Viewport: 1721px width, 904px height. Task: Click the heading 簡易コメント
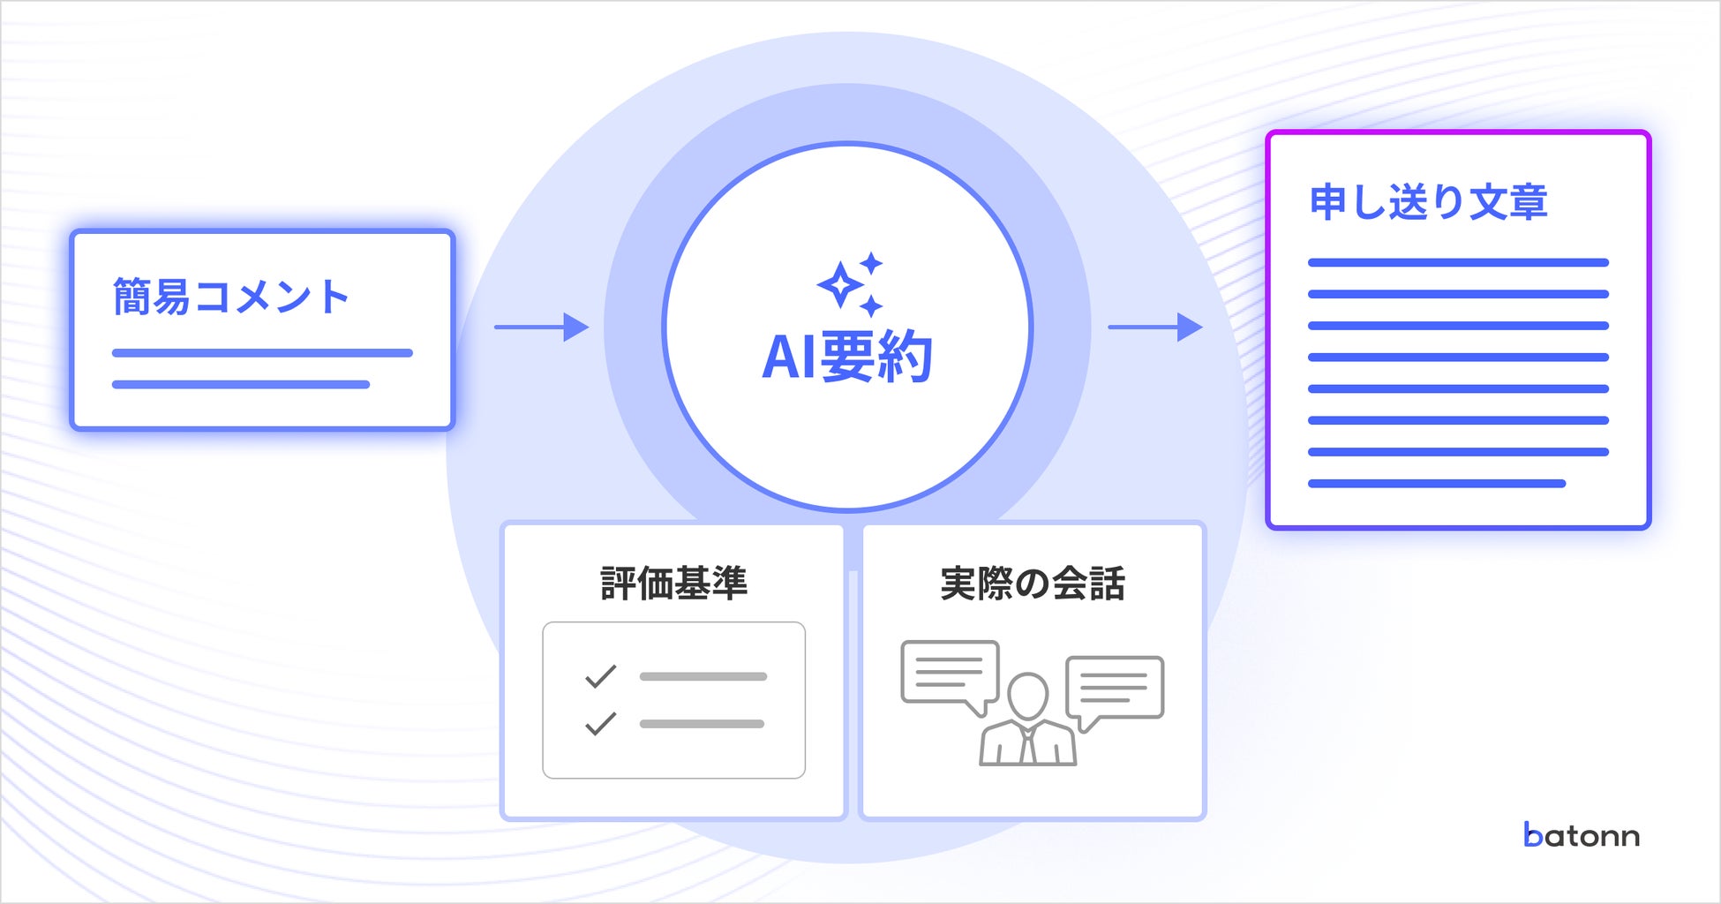click(x=231, y=297)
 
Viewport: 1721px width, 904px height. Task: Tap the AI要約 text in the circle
click(x=847, y=357)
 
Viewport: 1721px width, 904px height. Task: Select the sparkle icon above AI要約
click(x=850, y=284)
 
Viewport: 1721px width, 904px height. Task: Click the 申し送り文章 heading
click(x=1428, y=202)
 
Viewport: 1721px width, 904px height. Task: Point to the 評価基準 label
click(x=673, y=584)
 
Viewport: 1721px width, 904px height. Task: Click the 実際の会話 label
click(x=1033, y=584)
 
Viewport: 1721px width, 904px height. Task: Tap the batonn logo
click(x=1582, y=835)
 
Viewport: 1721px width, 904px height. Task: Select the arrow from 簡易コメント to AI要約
click(x=541, y=328)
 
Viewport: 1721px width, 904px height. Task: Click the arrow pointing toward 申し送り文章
click(x=1154, y=328)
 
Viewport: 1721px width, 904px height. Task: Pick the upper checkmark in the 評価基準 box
click(x=600, y=676)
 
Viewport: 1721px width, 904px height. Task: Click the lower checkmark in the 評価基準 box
click(x=600, y=724)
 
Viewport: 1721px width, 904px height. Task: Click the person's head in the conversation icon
click(x=1027, y=697)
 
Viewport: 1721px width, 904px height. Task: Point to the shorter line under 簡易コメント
click(x=240, y=385)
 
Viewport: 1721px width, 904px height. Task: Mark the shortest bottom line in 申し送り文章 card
click(x=1436, y=484)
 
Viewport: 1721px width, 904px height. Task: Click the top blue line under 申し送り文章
click(x=1458, y=262)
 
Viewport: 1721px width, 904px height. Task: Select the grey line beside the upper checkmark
click(x=703, y=677)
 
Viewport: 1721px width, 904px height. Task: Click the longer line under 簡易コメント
click(x=262, y=353)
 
